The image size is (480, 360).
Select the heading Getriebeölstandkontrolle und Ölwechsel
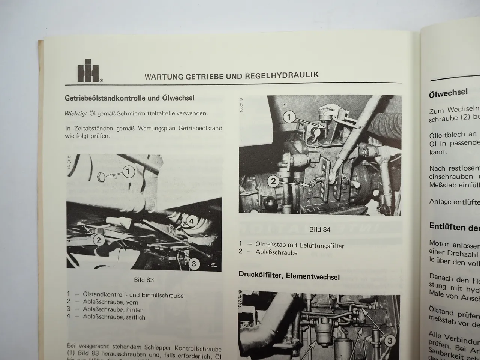(129, 98)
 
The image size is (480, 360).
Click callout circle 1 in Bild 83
(128, 172)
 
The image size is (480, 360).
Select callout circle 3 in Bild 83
(193, 264)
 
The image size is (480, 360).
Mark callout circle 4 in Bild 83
(191, 221)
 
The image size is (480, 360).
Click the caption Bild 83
(144, 280)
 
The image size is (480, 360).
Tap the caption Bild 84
(320, 229)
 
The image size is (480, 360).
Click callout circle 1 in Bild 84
(289, 117)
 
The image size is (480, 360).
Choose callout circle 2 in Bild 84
(274, 182)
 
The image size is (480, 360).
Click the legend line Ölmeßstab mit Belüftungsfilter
(299, 245)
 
